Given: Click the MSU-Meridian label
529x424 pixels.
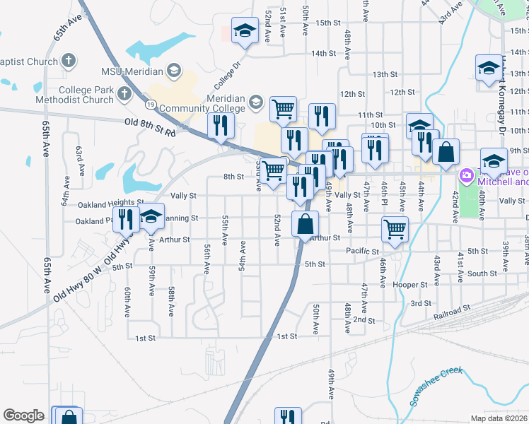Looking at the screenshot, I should click(x=132, y=71).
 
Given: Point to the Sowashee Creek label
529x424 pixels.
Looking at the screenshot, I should click(x=435, y=387).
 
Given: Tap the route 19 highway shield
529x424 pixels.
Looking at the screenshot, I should click(x=151, y=104).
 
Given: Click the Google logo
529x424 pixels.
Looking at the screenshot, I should click(x=23, y=416).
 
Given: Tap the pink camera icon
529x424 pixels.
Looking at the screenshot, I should click(x=466, y=175).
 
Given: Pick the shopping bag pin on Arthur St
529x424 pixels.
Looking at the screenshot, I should click(x=304, y=225).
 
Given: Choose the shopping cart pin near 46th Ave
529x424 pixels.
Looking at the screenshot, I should click(x=394, y=228).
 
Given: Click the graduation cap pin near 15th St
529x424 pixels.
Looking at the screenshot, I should click(x=245, y=31).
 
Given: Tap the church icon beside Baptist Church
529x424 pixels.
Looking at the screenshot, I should click(x=69, y=59).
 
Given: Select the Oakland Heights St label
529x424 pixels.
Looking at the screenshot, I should click(x=105, y=205).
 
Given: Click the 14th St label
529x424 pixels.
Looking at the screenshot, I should click(x=322, y=53).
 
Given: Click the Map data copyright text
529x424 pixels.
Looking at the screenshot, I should click(x=499, y=418).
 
